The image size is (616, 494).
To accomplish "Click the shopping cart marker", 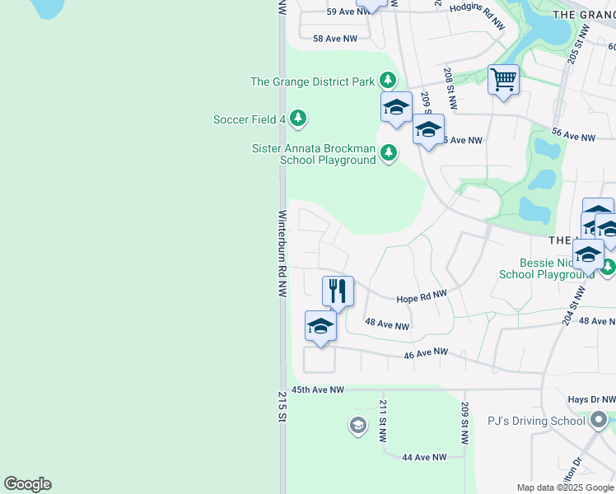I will (503, 81).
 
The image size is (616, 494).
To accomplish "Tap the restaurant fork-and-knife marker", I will (338, 291).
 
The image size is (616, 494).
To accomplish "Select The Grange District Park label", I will (313, 82).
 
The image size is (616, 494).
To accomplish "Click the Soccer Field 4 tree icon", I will (298, 119).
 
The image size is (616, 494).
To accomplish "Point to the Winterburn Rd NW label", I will (282, 254).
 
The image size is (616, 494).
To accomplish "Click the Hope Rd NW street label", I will (421, 296).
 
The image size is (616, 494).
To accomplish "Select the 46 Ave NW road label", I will (426, 353).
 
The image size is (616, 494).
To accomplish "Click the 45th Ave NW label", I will (317, 390).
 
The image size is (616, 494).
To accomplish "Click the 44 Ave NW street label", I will (424, 457).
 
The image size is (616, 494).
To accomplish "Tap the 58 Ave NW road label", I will (335, 39).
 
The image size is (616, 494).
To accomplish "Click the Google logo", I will (27, 484).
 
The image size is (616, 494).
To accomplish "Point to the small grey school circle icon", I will (357, 425).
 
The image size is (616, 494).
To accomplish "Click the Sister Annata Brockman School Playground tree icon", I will (388, 152).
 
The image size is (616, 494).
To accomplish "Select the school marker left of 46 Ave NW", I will (320, 326).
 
